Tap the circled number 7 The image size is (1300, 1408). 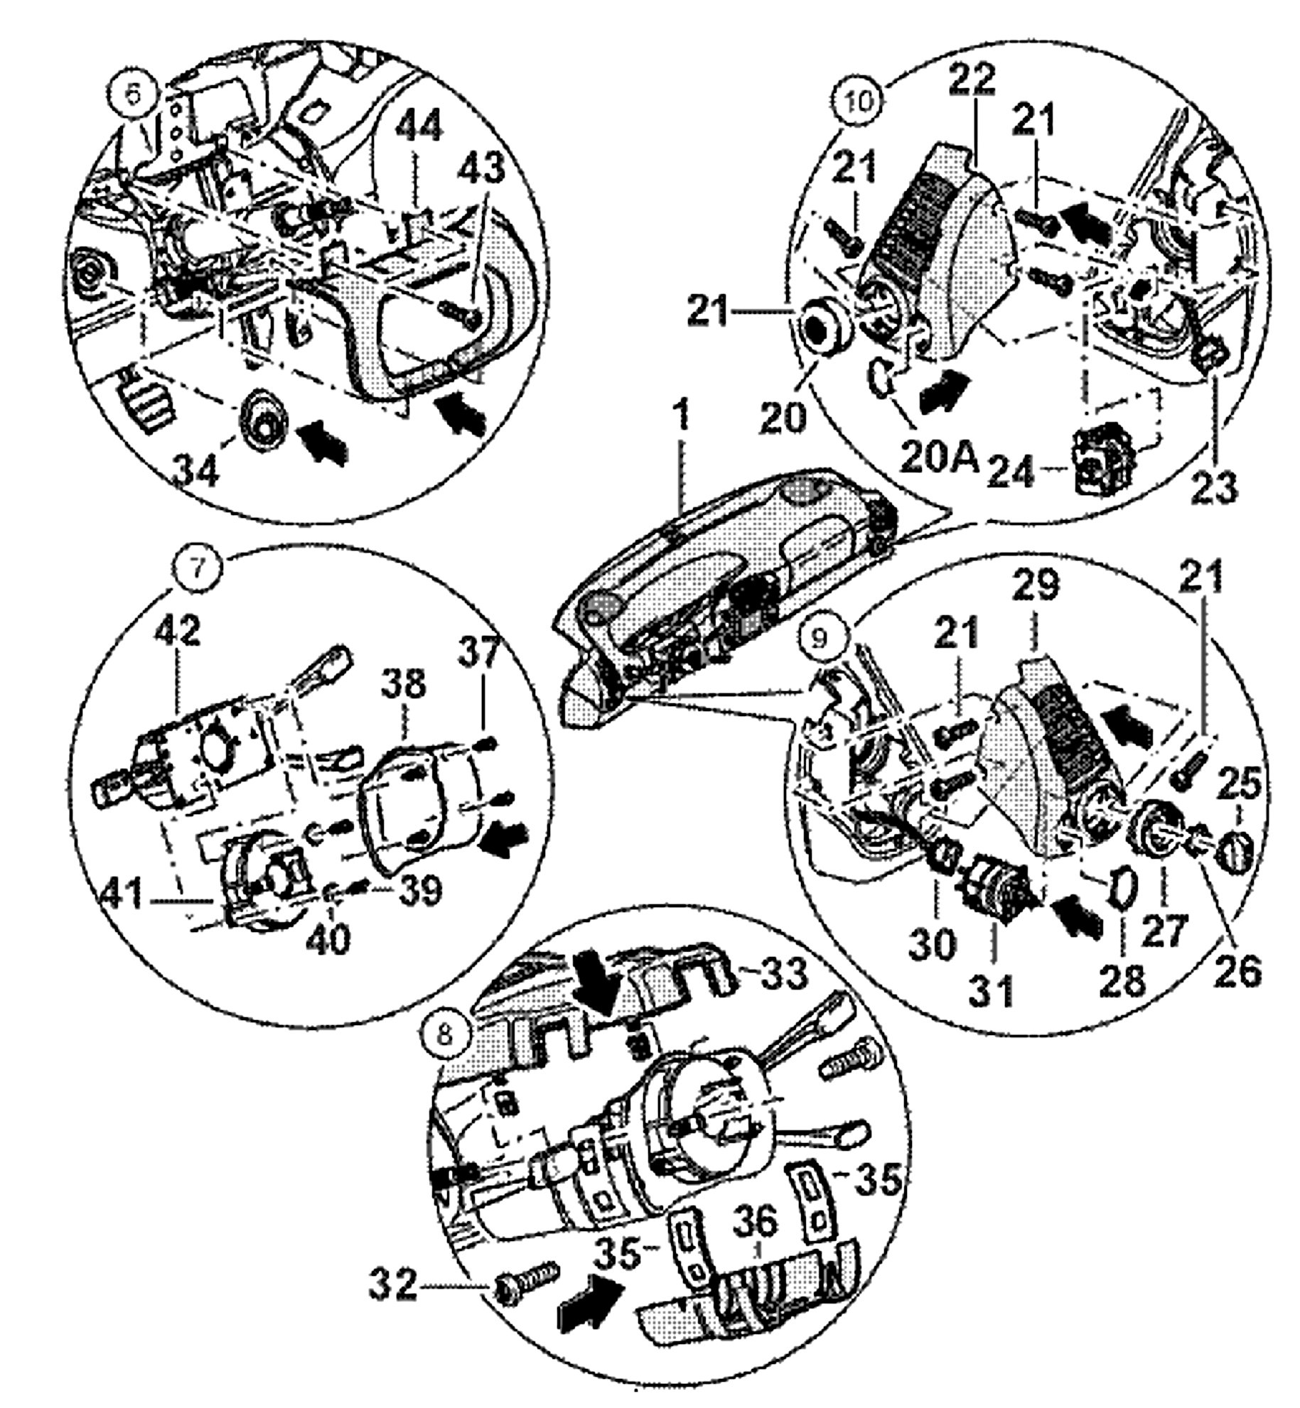pyautogui.click(x=198, y=567)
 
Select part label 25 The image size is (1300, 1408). pyautogui.click(x=1241, y=784)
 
